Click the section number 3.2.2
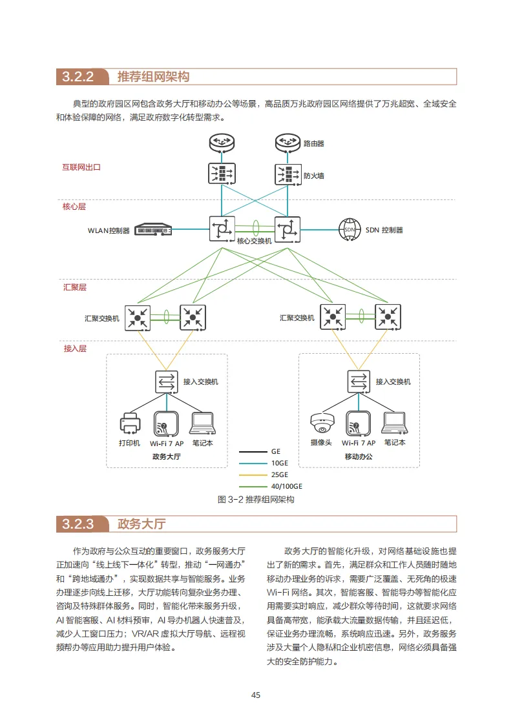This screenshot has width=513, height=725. coord(78,77)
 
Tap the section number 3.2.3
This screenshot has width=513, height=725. coord(78,524)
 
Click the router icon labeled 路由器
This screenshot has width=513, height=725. coord(286,143)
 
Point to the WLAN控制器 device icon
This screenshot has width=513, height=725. coord(153,229)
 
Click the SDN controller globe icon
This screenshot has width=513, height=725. coord(350,229)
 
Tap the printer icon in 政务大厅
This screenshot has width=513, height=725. coord(129,424)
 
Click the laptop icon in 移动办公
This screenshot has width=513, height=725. coord(394,424)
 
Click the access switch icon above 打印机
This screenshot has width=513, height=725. coord(167,382)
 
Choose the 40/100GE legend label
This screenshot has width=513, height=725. coord(286,486)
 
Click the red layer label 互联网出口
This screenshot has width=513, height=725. coord(81,167)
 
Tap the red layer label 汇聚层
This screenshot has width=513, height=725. coord(74,287)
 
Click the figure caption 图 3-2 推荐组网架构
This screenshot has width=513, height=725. coord(256,500)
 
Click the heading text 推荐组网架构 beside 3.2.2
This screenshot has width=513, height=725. coord(153,77)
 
